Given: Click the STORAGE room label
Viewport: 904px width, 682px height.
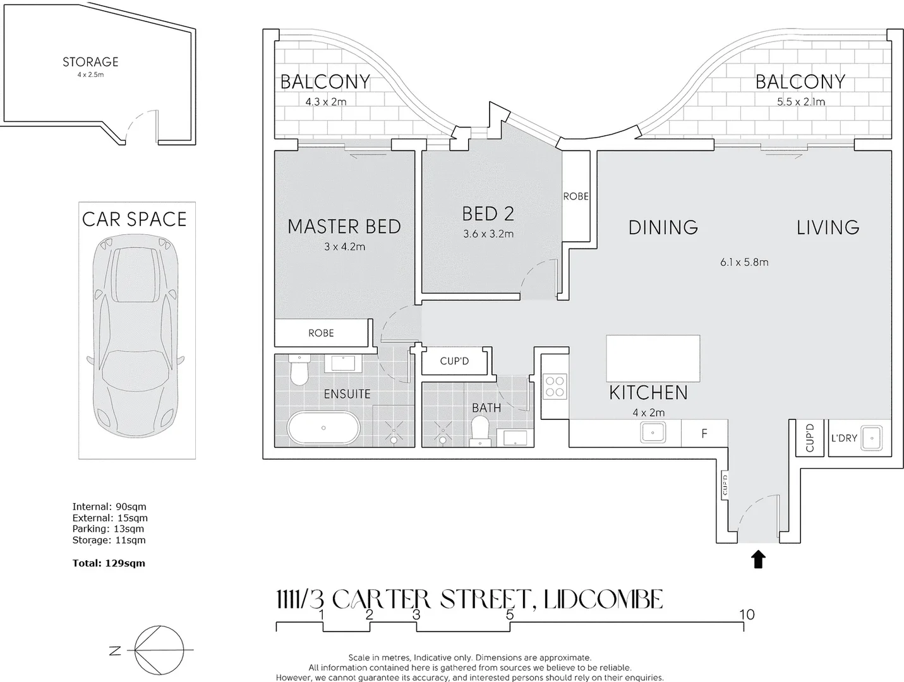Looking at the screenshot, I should tap(90, 62).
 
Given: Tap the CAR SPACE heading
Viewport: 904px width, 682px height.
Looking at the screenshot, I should tap(135, 219).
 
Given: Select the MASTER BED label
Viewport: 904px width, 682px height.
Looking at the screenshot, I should tap(344, 227).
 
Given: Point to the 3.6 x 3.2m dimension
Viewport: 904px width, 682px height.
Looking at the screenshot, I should tap(488, 234).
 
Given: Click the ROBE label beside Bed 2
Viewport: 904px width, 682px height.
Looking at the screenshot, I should tap(576, 196).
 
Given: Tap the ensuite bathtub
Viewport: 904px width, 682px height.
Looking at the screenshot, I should tap(323, 428).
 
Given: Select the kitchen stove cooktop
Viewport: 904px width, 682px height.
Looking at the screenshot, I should tap(555, 386).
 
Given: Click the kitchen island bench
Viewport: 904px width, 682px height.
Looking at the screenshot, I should tap(653, 358).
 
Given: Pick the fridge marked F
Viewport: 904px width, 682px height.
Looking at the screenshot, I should tap(704, 434).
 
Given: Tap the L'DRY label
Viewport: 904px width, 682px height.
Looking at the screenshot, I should tap(844, 438).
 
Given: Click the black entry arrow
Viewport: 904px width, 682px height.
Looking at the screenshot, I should tap(759, 559).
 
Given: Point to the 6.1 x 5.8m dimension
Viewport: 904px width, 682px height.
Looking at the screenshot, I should tap(744, 262).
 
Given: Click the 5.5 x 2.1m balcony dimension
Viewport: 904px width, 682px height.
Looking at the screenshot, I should tap(800, 102).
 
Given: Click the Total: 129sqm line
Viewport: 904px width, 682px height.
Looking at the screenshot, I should tap(109, 563).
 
